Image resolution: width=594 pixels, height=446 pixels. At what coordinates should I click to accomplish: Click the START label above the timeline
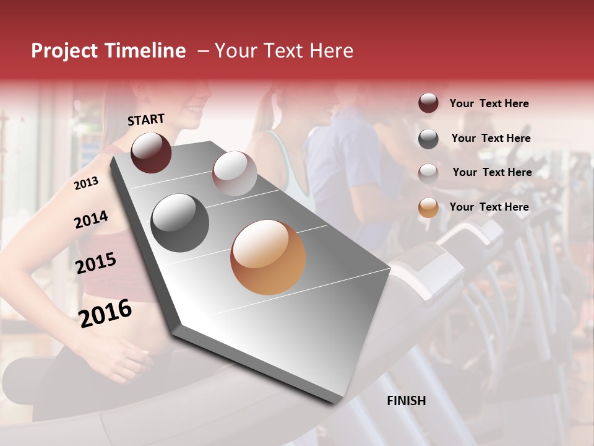click(x=146, y=120)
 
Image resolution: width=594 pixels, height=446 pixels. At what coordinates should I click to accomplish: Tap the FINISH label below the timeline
click(x=406, y=401)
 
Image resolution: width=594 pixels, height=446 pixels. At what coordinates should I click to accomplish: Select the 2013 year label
click(x=86, y=183)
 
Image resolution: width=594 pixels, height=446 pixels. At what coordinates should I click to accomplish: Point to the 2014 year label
click(x=91, y=220)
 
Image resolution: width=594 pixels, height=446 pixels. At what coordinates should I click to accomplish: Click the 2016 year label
click(x=105, y=313)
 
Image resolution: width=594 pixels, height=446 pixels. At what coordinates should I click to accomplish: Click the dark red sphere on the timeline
click(x=151, y=152)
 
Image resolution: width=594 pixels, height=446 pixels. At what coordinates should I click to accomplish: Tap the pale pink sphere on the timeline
click(x=235, y=173)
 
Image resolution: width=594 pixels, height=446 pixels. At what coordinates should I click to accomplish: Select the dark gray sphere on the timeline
click(x=179, y=223)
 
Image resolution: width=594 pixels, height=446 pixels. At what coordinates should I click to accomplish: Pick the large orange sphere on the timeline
click(x=268, y=257)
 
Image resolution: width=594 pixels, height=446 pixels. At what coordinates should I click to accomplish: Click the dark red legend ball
click(x=428, y=103)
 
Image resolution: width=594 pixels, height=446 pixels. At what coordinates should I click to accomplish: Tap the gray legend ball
click(x=428, y=139)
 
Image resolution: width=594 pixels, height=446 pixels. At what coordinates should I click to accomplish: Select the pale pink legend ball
click(x=428, y=173)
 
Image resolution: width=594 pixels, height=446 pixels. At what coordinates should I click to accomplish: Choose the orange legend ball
click(x=428, y=208)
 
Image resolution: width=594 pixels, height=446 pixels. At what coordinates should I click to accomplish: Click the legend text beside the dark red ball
click(x=489, y=104)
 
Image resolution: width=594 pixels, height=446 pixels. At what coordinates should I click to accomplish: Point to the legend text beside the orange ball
click(x=489, y=207)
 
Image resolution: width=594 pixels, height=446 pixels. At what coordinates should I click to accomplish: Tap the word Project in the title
click(x=65, y=51)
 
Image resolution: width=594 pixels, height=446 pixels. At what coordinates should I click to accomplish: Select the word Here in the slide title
click(x=332, y=51)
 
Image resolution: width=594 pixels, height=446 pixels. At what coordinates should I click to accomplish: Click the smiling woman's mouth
click(x=194, y=110)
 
